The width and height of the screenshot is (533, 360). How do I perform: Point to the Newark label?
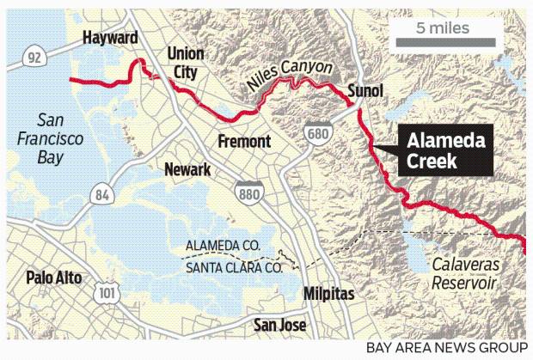click(x=187, y=169)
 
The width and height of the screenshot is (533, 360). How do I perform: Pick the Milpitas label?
click(x=329, y=294)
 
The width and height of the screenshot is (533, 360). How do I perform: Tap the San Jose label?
click(x=281, y=325)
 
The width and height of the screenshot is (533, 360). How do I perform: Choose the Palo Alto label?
click(x=54, y=278)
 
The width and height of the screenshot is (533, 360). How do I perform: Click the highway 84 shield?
click(x=102, y=195)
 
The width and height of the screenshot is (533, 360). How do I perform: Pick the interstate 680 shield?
click(x=317, y=133)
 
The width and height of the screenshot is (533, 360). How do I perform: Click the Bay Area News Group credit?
click(x=446, y=347)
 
